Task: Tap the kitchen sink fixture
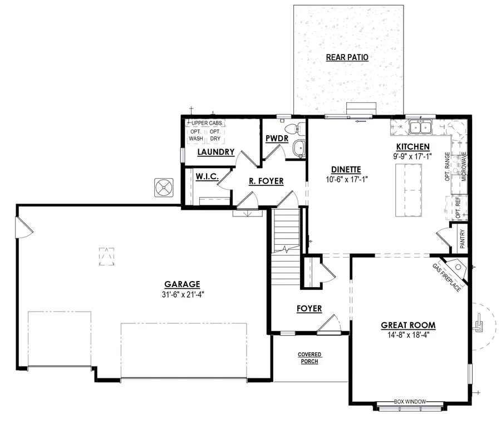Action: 421,129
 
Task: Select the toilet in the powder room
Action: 299,129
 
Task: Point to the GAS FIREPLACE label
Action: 446,278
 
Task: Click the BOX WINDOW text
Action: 410,401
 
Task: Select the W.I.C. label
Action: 206,176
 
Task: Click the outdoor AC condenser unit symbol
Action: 164,188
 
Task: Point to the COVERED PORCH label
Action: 310,358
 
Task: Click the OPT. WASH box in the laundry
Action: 197,135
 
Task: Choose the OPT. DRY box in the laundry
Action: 215,135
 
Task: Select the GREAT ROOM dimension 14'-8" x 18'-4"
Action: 408,335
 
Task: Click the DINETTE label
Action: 346,170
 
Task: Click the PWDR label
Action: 276,137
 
